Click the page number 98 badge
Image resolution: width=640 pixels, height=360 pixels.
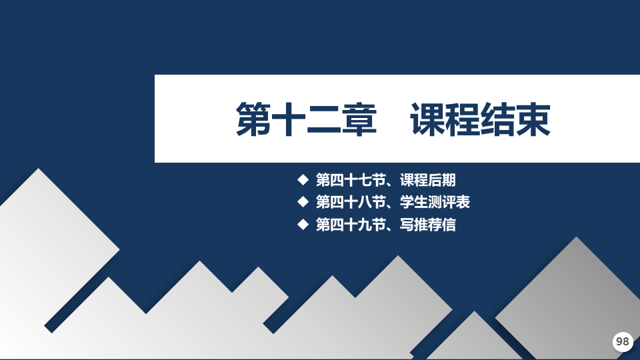tap(623, 341)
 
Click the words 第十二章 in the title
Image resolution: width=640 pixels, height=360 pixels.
tap(306, 119)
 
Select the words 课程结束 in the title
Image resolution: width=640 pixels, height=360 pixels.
tap(481, 119)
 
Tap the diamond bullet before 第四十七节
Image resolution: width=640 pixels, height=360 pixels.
tap(303, 179)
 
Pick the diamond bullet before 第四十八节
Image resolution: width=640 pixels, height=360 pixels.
tap(303, 201)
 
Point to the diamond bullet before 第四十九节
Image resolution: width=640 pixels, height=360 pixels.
tap(303, 224)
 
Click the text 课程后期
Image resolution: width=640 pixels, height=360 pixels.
tap(428, 180)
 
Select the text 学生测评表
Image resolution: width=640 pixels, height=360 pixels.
tap(435, 202)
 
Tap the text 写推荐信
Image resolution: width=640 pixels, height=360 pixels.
tap(428, 225)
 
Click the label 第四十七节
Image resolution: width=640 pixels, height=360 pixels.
tap(351, 180)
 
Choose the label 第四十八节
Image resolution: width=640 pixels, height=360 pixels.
tap(351, 202)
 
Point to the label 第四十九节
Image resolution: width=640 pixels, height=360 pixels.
tap(351, 225)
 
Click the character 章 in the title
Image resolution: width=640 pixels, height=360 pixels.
tap(359, 119)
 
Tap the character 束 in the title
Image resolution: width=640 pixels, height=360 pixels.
tap(533, 119)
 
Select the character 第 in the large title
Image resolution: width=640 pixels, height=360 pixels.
tap(253, 119)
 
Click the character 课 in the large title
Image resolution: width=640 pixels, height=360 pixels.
tap(427, 119)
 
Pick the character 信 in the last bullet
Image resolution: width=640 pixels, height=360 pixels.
tap(449, 225)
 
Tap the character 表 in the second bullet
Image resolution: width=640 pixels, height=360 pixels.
tap(463, 202)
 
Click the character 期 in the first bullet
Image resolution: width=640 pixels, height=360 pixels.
tap(449, 180)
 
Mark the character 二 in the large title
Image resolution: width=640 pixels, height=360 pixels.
tap(324, 119)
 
